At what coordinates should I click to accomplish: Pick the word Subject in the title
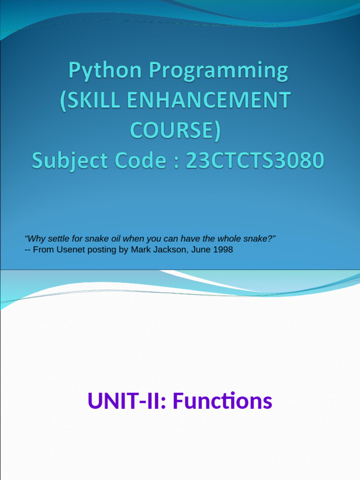[x=66, y=161]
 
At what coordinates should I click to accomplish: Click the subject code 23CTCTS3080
[x=255, y=161]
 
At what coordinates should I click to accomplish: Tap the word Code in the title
[x=140, y=161]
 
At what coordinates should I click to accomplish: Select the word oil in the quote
[x=110, y=239]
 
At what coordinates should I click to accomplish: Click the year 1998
[x=223, y=250]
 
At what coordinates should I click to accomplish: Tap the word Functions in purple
[x=222, y=401]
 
